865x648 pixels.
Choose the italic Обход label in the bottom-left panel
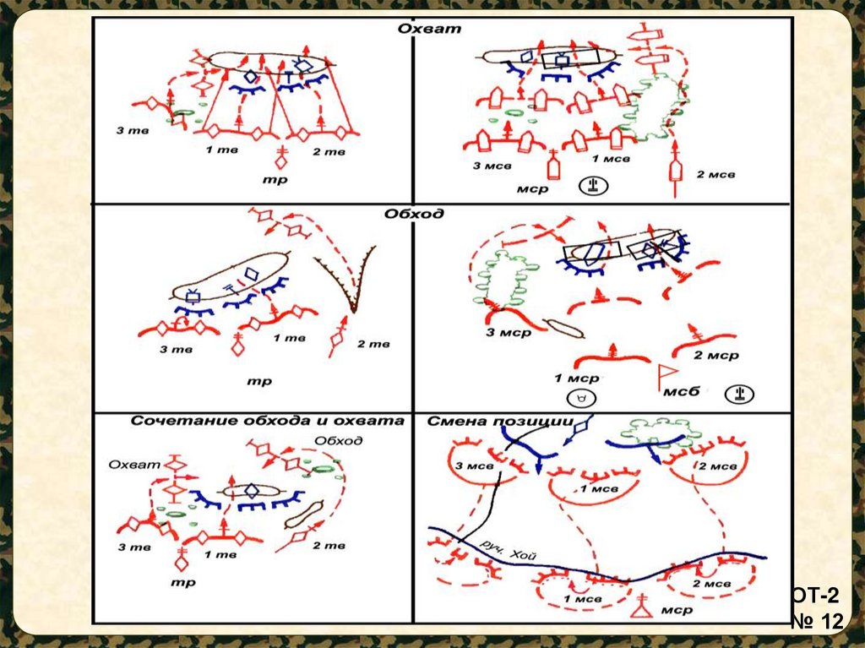click(338, 440)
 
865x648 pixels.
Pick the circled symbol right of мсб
click(739, 394)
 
